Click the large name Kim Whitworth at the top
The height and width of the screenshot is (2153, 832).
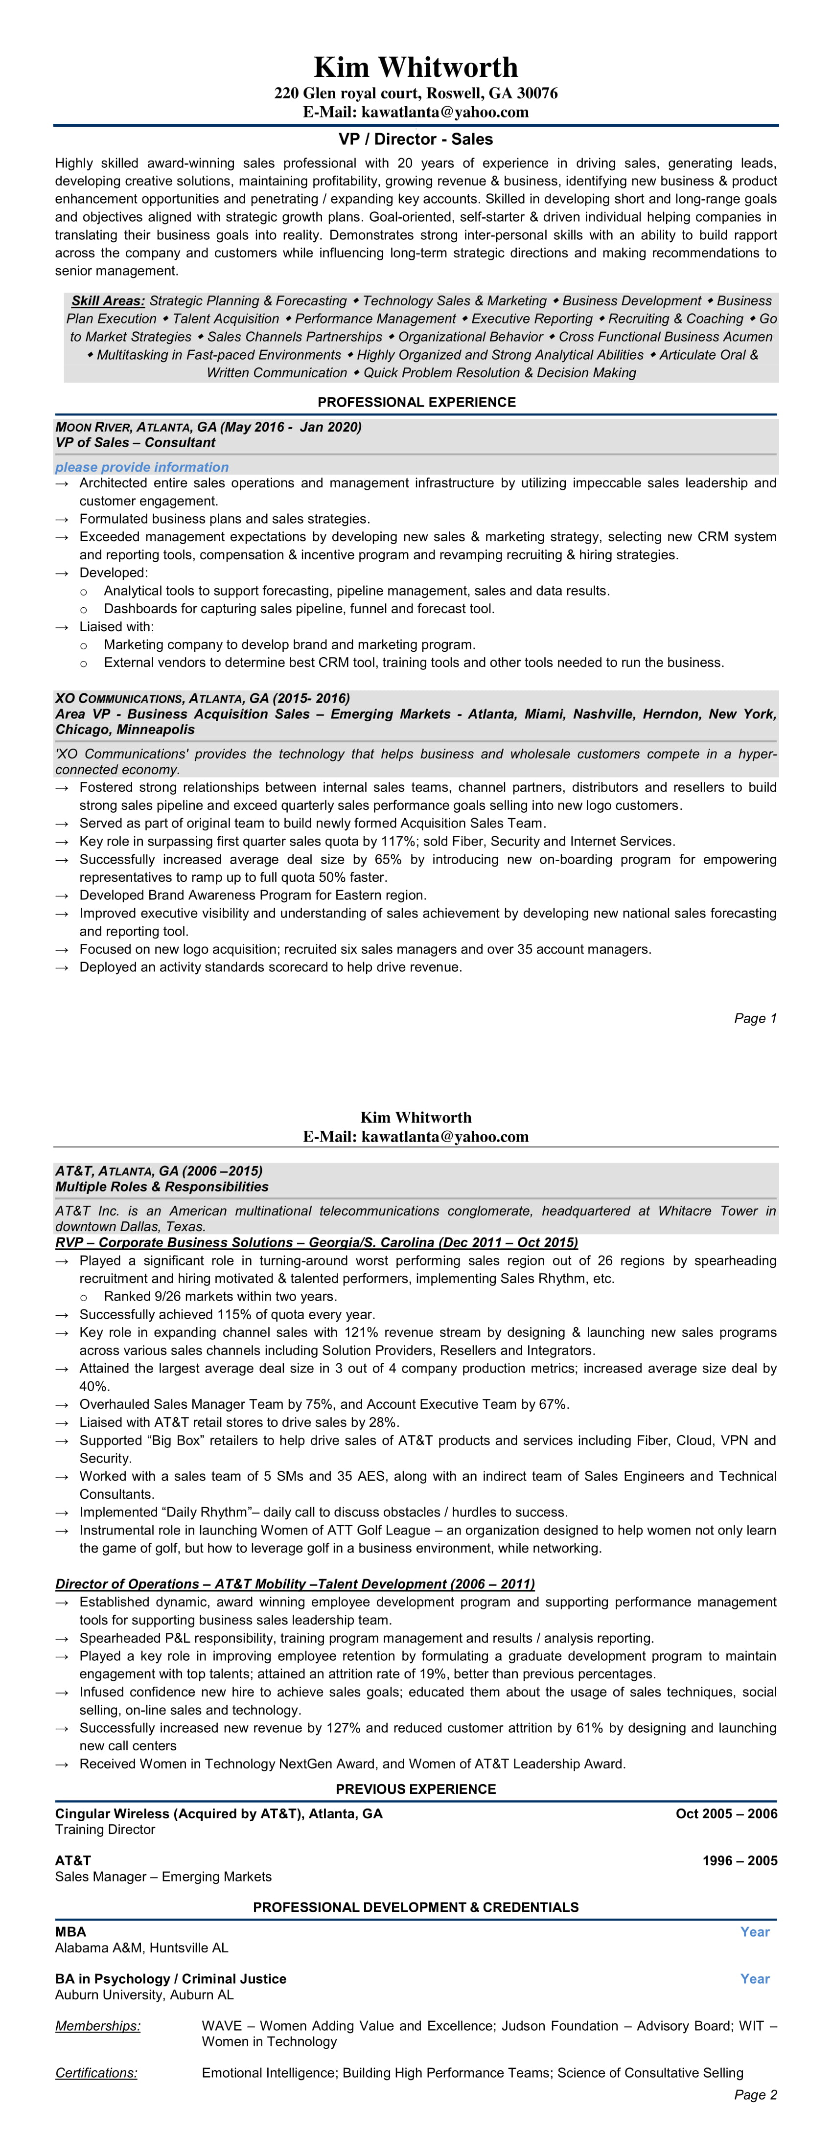pyautogui.click(x=416, y=67)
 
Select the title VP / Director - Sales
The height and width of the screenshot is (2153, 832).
pyautogui.click(x=416, y=139)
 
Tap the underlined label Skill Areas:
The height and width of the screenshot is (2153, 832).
pyautogui.click(x=108, y=301)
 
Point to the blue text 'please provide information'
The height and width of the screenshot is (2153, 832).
pyautogui.click(x=142, y=467)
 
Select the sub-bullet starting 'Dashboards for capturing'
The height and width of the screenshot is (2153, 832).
pyautogui.click(x=299, y=608)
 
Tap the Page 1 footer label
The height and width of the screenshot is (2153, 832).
pyautogui.click(x=755, y=1018)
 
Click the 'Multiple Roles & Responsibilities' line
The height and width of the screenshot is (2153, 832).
pyautogui.click(x=162, y=1187)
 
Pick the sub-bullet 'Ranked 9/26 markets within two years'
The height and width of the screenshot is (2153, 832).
pyautogui.click(x=220, y=1296)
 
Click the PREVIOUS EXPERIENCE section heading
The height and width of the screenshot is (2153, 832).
pyautogui.click(x=416, y=1789)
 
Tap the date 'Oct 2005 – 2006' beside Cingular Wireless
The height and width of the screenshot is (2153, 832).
pyautogui.click(x=726, y=1814)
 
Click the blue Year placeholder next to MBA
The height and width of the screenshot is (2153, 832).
pyautogui.click(x=754, y=1931)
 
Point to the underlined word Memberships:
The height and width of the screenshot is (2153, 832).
pyautogui.click(x=98, y=2026)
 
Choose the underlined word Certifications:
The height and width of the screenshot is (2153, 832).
pyautogui.click(x=96, y=2073)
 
